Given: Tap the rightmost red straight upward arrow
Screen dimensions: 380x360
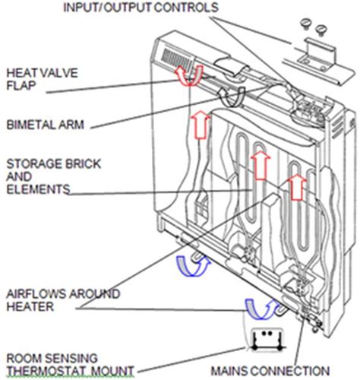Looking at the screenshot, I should point(296,185).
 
